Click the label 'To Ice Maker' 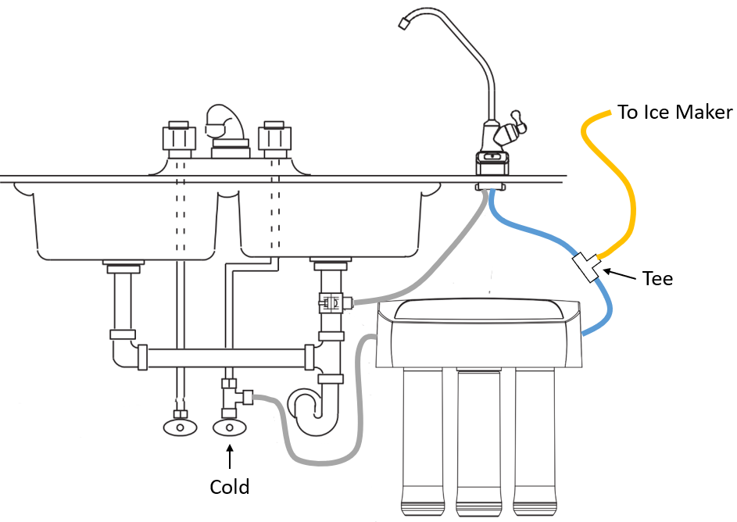[x=674, y=113]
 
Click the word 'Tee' [x=657, y=278]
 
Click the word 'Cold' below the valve [x=230, y=487]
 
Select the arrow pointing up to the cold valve [x=230, y=456]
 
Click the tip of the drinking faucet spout [x=403, y=25]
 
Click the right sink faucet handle [x=274, y=138]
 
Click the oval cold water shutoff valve [x=229, y=427]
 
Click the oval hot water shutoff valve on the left [x=180, y=427]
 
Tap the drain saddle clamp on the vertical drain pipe [x=331, y=301]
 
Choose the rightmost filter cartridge [x=535, y=438]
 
